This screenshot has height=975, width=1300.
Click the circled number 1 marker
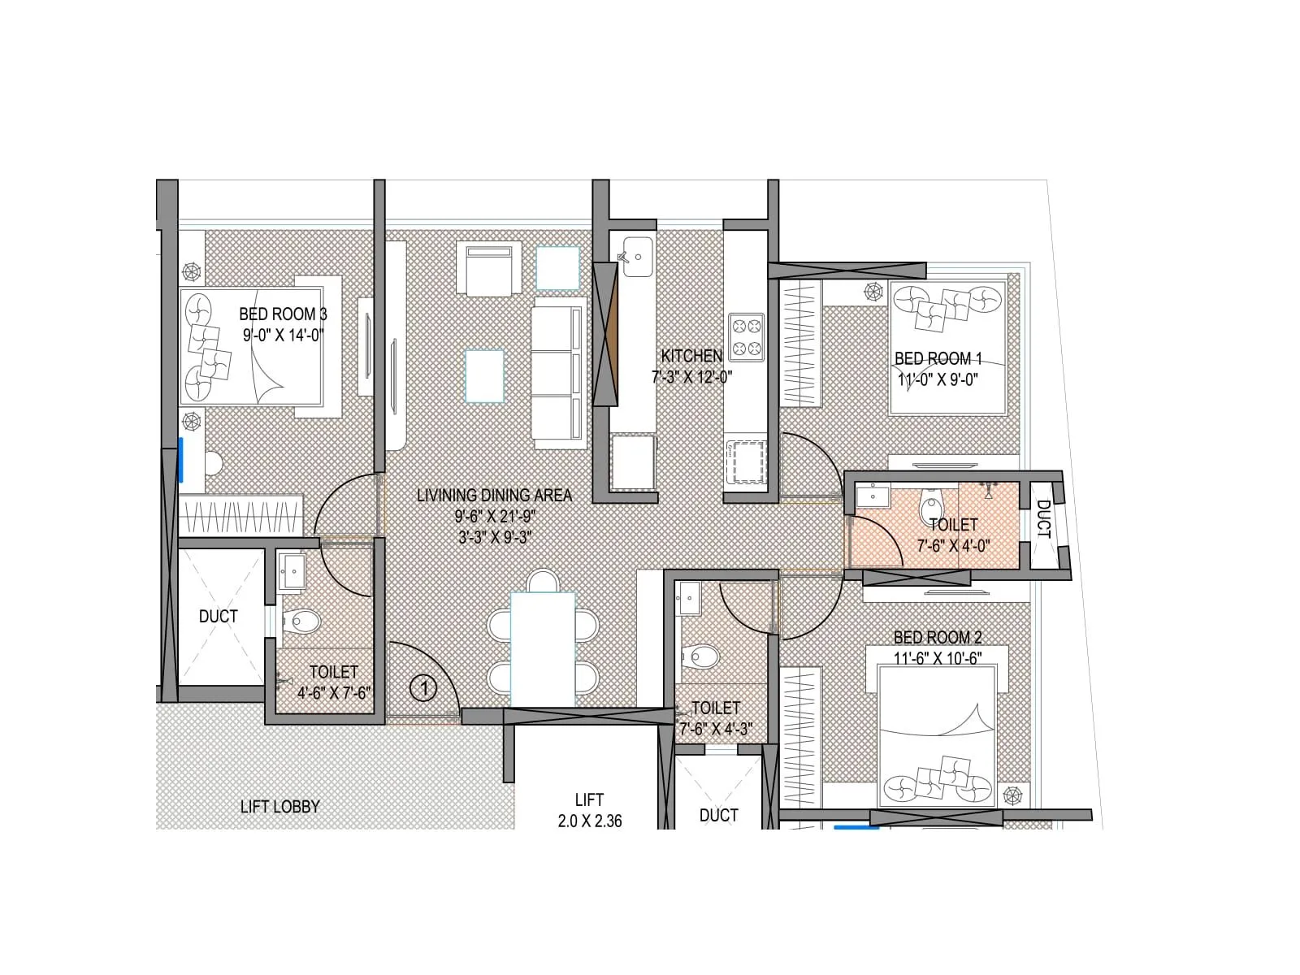tap(423, 689)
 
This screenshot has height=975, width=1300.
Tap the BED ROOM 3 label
tap(283, 314)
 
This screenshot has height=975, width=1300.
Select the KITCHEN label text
tap(691, 356)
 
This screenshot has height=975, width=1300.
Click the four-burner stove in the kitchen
tap(746, 337)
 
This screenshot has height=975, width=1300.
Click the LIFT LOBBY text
tap(279, 807)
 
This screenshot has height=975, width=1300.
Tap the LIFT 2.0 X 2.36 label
tap(589, 811)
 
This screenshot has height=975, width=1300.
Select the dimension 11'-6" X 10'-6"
tap(938, 658)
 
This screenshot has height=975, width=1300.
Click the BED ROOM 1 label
tap(938, 358)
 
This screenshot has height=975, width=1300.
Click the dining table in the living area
tap(543, 648)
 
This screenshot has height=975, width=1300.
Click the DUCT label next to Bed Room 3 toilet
tap(219, 617)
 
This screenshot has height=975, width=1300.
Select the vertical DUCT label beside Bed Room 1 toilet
tap(1043, 519)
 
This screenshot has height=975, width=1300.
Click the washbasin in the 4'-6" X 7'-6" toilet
tap(291, 570)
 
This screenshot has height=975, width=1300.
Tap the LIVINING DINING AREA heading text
tap(494, 495)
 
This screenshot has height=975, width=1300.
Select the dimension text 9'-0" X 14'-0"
tap(283, 335)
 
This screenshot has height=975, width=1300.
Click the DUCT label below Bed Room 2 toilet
tap(718, 815)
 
